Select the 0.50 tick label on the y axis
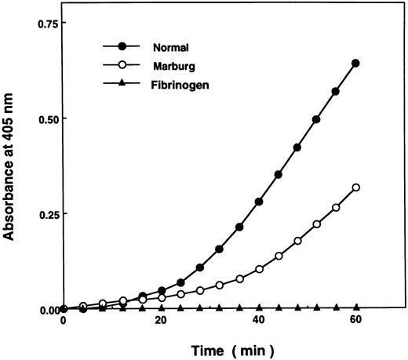coord(42,119)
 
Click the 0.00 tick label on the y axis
coord(42,310)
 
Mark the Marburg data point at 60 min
coord(356,187)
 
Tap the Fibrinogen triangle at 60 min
coord(356,307)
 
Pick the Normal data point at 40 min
coord(259,202)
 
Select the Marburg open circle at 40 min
coord(259,269)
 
